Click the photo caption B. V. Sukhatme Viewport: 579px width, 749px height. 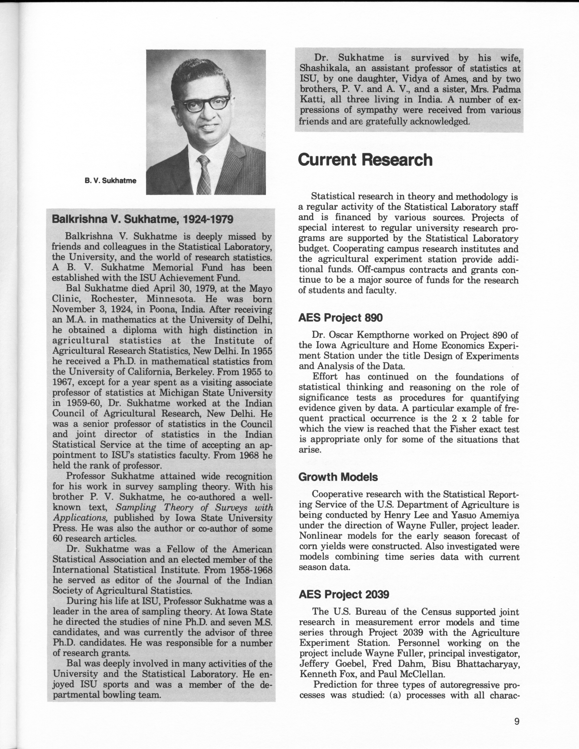[110, 181]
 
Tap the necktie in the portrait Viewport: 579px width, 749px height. [204, 175]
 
